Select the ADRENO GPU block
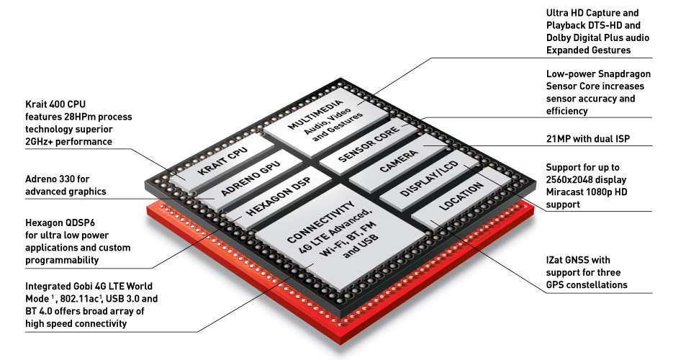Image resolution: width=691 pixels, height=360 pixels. (x=250, y=179)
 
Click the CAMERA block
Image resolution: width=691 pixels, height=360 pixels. (x=398, y=163)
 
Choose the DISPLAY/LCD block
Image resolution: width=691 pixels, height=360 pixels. (x=429, y=180)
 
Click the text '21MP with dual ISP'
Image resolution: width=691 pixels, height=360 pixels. (x=588, y=139)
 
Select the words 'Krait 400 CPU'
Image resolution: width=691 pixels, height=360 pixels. (x=55, y=104)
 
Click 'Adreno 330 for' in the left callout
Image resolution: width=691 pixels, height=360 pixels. (x=58, y=179)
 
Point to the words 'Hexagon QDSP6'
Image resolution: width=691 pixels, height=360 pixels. (x=60, y=222)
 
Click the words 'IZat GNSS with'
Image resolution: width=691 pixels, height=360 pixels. (x=578, y=260)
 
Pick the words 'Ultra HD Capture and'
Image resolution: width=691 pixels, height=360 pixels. (x=592, y=13)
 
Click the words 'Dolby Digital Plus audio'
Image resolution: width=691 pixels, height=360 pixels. (x=597, y=38)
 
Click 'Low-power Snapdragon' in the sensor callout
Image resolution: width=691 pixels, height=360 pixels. (x=598, y=74)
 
